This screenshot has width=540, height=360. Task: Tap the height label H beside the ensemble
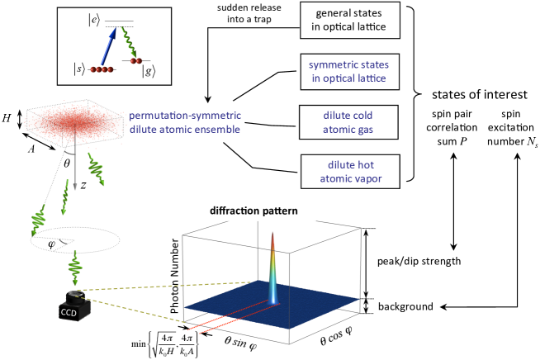(x=9, y=118)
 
